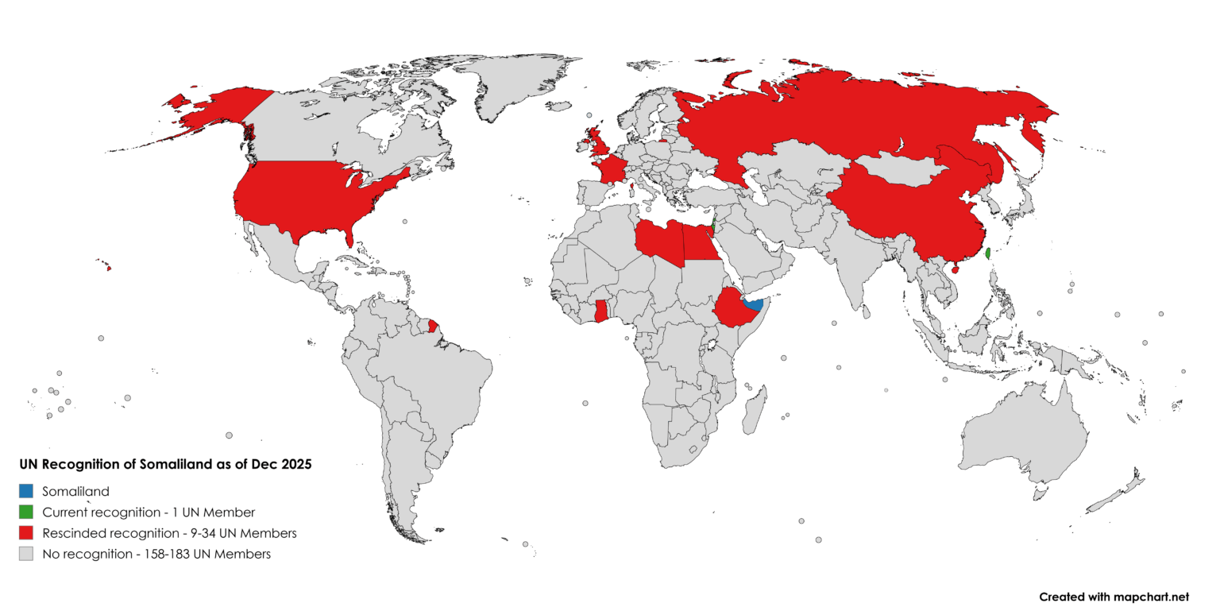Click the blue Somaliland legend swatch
click(27, 491)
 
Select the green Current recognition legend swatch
click(27, 512)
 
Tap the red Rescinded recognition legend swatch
click(27, 532)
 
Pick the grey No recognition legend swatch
click(27, 554)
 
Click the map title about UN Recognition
click(165, 465)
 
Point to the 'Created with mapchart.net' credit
click(1114, 597)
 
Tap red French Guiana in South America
click(433, 326)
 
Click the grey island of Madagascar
click(755, 409)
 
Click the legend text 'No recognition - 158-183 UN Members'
click(156, 554)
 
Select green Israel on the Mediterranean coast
click(714, 226)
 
